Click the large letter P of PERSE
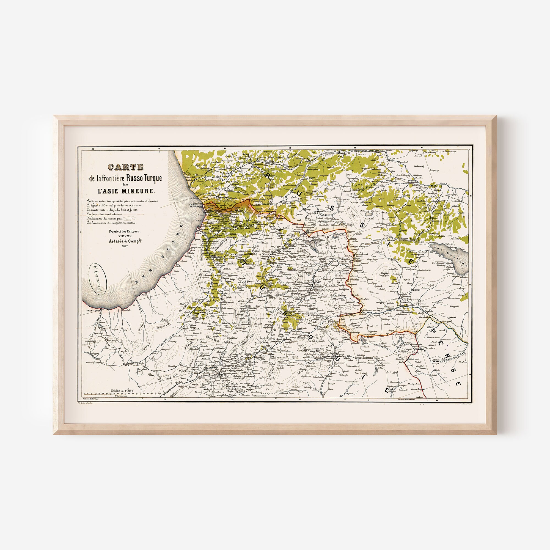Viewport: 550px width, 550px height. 433,332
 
